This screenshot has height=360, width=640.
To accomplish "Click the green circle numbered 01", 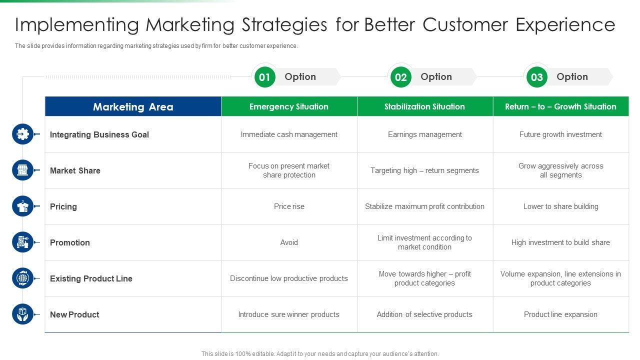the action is click(x=264, y=77).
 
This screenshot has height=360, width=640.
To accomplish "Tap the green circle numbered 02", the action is click(x=400, y=77).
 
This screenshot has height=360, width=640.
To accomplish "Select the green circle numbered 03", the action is click(x=536, y=77).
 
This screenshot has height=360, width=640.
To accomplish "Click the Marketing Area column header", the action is click(x=133, y=106).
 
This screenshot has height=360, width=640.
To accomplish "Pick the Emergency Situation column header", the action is click(x=289, y=106).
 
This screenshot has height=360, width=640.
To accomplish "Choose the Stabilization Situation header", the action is click(x=424, y=106).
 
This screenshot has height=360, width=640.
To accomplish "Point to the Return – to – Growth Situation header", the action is click(x=560, y=106).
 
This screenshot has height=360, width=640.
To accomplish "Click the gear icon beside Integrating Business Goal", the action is click(x=22, y=134).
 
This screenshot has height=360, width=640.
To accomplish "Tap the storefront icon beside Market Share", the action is click(x=22, y=170).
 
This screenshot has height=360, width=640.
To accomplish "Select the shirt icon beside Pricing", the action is click(x=22, y=206).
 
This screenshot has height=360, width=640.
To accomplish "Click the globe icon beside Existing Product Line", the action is click(x=22, y=278).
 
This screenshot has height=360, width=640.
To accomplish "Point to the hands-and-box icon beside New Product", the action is click(x=22, y=314).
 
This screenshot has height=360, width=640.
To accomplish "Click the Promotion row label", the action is click(x=69, y=242).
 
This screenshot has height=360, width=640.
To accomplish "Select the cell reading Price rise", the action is click(x=289, y=206).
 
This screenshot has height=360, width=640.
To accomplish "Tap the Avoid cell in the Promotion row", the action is click(x=289, y=242).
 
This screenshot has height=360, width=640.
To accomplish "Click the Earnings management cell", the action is click(x=424, y=134).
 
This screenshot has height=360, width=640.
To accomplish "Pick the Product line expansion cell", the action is click(x=560, y=314).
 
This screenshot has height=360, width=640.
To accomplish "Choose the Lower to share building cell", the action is click(x=560, y=206).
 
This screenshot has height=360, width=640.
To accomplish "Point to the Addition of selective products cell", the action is click(x=424, y=314).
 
